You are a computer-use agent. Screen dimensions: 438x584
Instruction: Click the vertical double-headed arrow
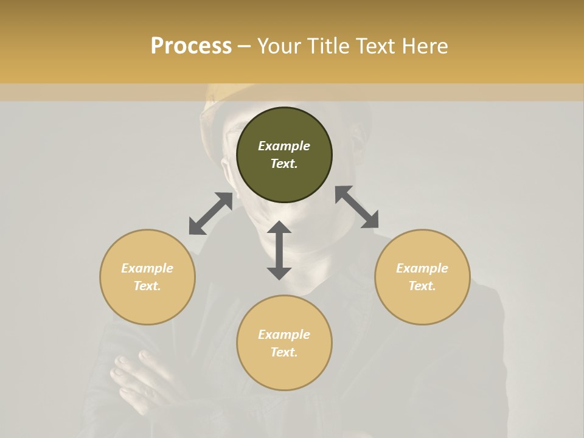click(279, 250)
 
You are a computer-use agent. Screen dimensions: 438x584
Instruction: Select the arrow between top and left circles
click(210, 214)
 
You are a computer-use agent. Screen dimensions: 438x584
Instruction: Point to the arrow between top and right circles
click(357, 207)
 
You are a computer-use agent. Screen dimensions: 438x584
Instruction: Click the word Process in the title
click(191, 46)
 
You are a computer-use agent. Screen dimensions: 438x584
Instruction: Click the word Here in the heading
click(425, 46)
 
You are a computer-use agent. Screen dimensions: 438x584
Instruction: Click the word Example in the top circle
click(284, 146)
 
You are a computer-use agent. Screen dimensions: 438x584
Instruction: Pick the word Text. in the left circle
click(147, 286)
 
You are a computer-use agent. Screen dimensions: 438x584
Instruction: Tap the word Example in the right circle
click(422, 268)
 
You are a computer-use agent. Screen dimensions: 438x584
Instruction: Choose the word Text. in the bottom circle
click(284, 352)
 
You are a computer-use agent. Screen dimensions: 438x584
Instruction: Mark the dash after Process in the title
click(245, 46)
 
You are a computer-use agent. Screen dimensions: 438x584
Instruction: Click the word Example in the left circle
click(147, 268)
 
